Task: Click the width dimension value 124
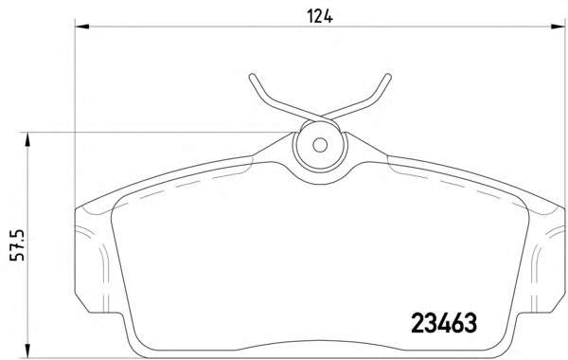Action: pyautogui.click(x=320, y=16)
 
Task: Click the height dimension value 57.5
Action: pyautogui.click(x=17, y=245)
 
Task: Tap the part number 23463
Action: pyautogui.click(x=444, y=323)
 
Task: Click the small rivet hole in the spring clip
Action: pyautogui.click(x=320, y=145)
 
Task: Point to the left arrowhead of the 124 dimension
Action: pyautogui.click(x=81, y=27)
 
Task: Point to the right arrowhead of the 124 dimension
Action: pyautogui.click(x=558, y=27)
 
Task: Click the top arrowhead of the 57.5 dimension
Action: pyautogui.click(x=27, y=139)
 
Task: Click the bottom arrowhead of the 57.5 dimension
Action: pyautogui.click(x=27, y=351)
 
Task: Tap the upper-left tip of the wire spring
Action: pyautogui.click(x=252, y=76)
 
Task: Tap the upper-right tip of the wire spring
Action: pyautogui.click(x=388, y=76)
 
